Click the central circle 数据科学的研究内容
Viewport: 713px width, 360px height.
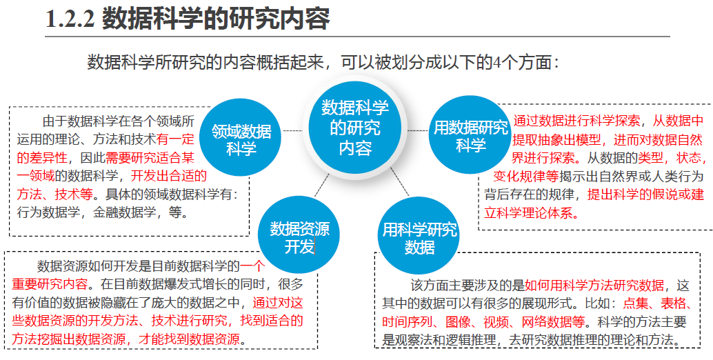tap(355, 128)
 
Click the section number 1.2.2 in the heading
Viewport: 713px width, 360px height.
tap(69, 19)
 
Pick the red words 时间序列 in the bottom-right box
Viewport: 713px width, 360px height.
tap(407, 321)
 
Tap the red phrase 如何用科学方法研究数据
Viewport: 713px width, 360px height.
tap(594, 286)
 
